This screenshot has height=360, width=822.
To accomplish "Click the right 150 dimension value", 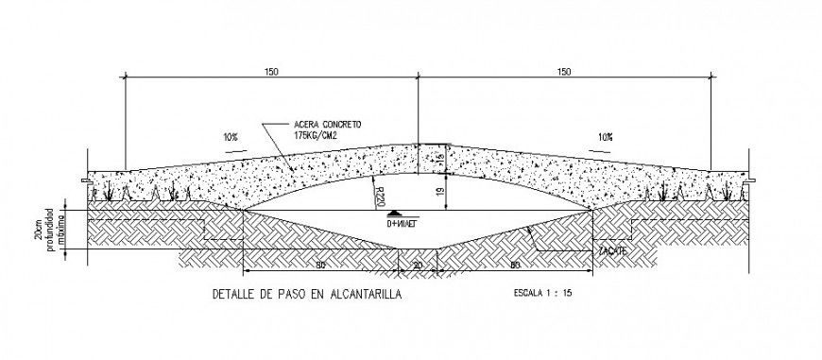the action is tap(564, 71).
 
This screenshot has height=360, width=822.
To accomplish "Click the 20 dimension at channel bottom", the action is tap(417, 266).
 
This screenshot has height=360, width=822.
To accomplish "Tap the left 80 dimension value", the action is tap(321, 266).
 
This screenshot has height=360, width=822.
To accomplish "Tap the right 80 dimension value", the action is tap(514, 266).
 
